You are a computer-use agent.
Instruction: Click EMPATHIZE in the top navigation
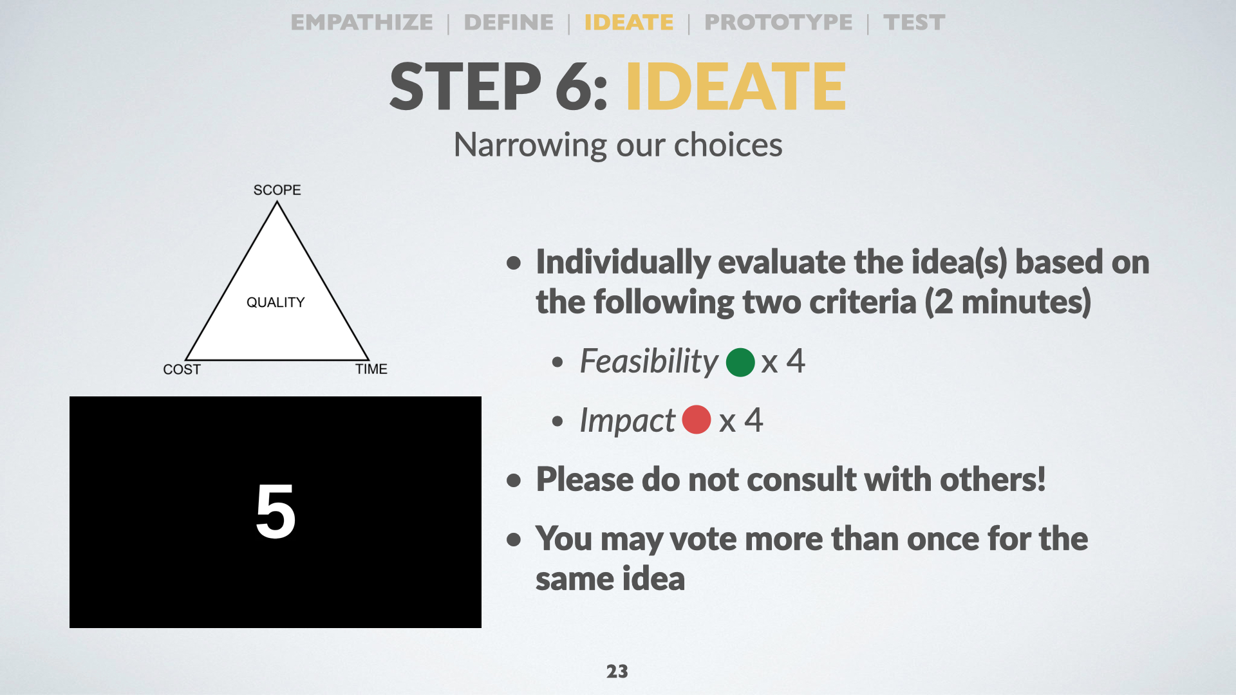pos(362,23)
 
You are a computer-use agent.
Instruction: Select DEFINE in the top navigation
pos(509,23)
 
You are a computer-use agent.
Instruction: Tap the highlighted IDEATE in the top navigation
pos(629,23)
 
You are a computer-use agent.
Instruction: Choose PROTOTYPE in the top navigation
pos(778,23)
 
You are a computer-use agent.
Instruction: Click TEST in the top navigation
pos(914,23)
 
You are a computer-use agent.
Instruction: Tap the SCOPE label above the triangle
pos(277,190)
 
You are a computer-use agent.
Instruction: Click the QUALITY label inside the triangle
pos(276,302)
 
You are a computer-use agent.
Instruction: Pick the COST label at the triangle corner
pos(182,369)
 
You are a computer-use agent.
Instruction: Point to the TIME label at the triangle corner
pos(371,369)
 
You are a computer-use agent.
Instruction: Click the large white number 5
pos(276,512)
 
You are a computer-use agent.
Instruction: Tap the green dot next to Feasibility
pos(740,362)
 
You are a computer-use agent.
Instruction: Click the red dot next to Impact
pos(697,420)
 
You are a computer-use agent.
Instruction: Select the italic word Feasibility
pos(649,362)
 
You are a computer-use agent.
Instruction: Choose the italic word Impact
pos(628,421)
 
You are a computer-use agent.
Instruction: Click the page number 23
pos(617,671)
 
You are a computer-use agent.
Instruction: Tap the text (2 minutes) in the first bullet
pos(1008,302)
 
